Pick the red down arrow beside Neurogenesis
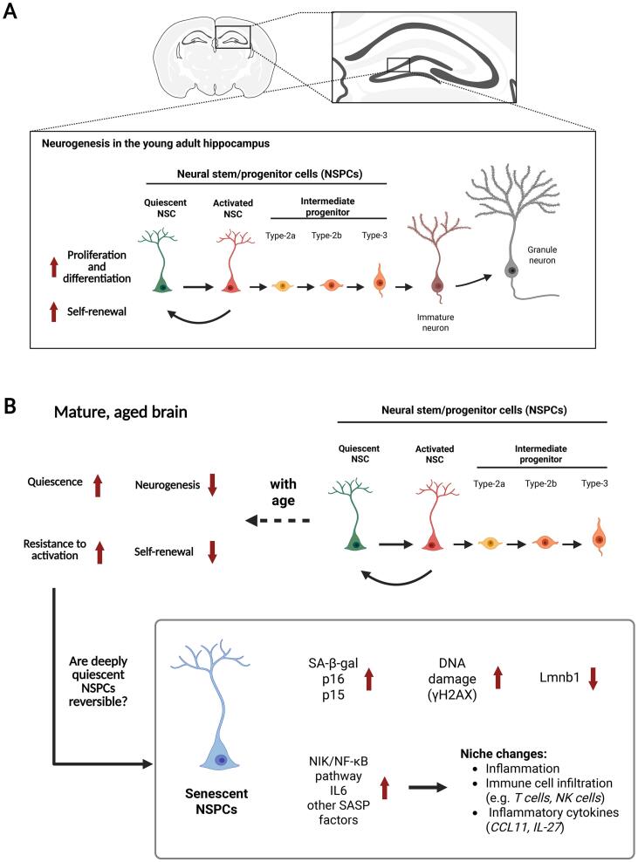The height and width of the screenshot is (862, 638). pos(211,485)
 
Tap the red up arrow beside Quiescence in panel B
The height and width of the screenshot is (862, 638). pos(99,485)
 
